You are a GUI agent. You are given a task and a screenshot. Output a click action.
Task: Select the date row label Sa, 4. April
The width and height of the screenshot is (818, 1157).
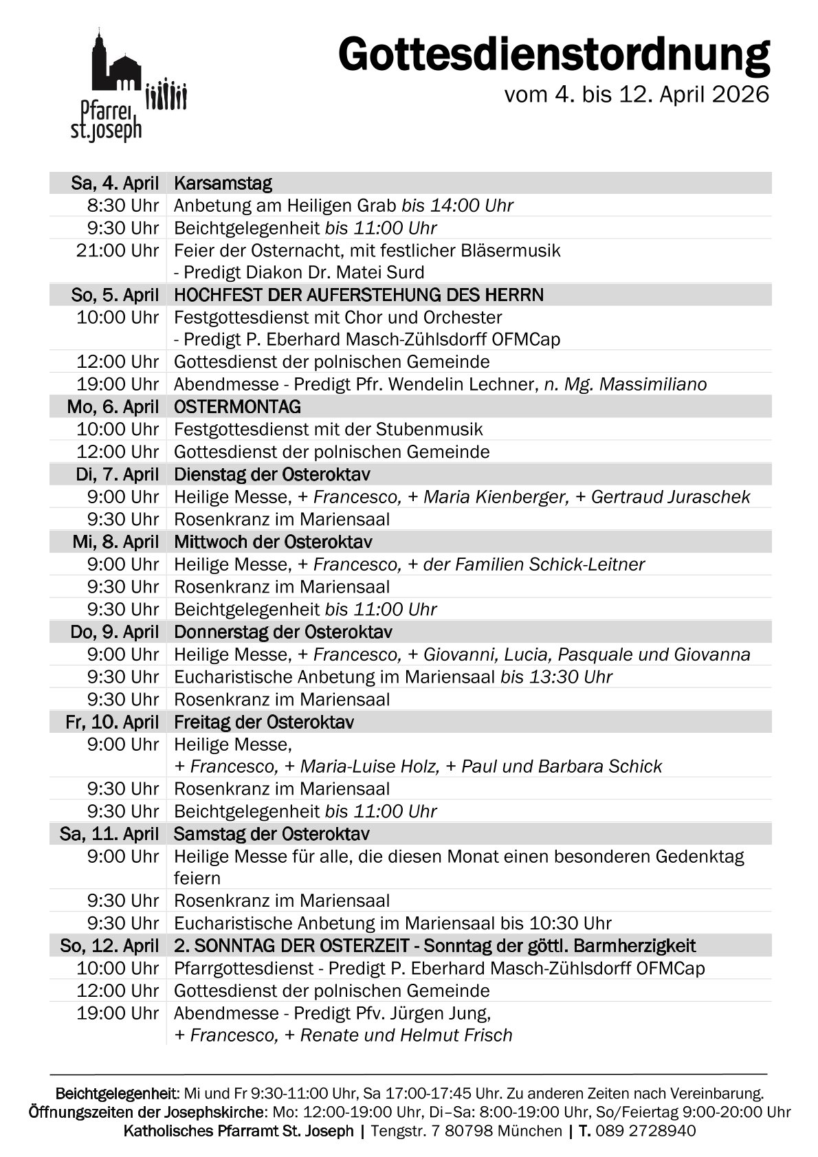point(115,184)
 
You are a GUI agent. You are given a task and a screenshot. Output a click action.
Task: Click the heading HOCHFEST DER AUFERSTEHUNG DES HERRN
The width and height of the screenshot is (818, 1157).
point(359,296)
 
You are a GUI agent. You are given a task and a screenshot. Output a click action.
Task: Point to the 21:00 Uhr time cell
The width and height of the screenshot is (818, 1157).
point(118,250)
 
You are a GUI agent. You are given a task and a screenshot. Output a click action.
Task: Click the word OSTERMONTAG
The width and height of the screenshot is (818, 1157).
point(237,407)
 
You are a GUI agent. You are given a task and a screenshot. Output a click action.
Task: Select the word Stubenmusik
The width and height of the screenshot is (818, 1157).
point(429,430)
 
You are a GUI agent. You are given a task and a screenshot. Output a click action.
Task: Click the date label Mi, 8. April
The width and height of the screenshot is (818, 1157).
point(115,542)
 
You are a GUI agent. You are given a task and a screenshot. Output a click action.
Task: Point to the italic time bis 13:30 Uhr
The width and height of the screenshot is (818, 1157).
point(556,677)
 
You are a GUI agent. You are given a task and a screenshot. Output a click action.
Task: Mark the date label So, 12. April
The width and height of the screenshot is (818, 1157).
point(109,946)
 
